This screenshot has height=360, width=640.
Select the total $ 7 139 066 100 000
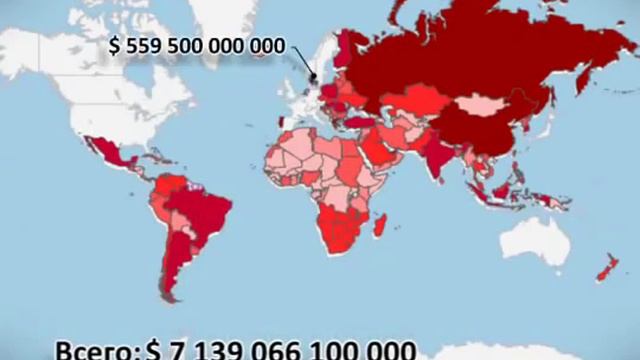click(280, 350)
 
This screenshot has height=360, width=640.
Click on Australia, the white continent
click(541, 241)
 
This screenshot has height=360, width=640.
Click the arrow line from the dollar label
click(301, 65)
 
